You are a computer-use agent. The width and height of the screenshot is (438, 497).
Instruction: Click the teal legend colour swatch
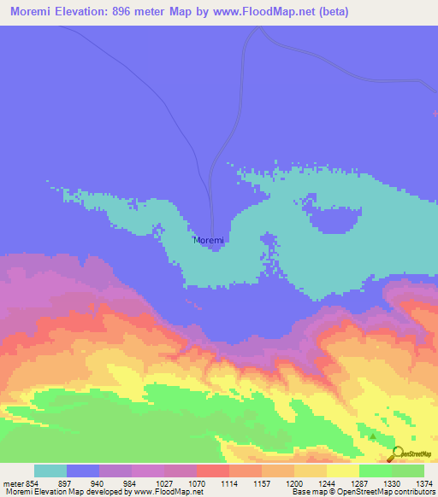point(50,471)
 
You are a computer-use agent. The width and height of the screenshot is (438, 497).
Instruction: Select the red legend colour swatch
point(213,471)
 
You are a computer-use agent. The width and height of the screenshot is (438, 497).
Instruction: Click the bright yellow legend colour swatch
point(343,471)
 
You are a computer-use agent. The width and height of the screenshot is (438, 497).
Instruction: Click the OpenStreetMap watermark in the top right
point(413,84)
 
